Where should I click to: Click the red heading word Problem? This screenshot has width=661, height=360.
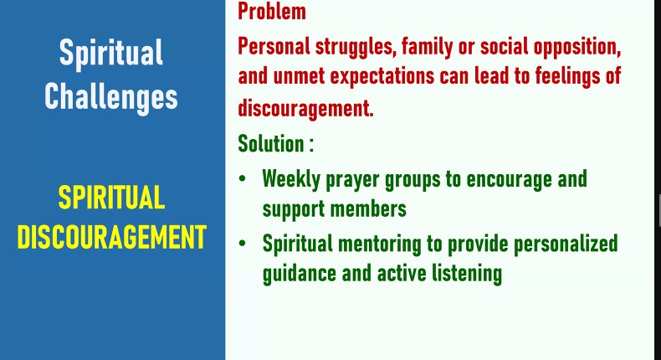coord(272,12)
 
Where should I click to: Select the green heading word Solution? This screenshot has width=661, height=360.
coord(271,143)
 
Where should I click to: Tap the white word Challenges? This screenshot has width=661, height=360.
coord(111,96)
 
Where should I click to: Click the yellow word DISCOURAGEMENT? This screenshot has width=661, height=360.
coord(112,237)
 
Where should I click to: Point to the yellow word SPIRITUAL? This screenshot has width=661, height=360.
coord(111,198)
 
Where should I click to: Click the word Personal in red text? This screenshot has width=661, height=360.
coord(274,45)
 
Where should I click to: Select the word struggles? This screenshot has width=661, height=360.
coord(356,47)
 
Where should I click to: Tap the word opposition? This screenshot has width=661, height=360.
coord(577,47)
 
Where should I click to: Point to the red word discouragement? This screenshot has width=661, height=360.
coord(305,109)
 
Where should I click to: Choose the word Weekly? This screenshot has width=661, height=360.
coord(291,179)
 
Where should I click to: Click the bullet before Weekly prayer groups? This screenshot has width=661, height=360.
coord(242,178)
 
